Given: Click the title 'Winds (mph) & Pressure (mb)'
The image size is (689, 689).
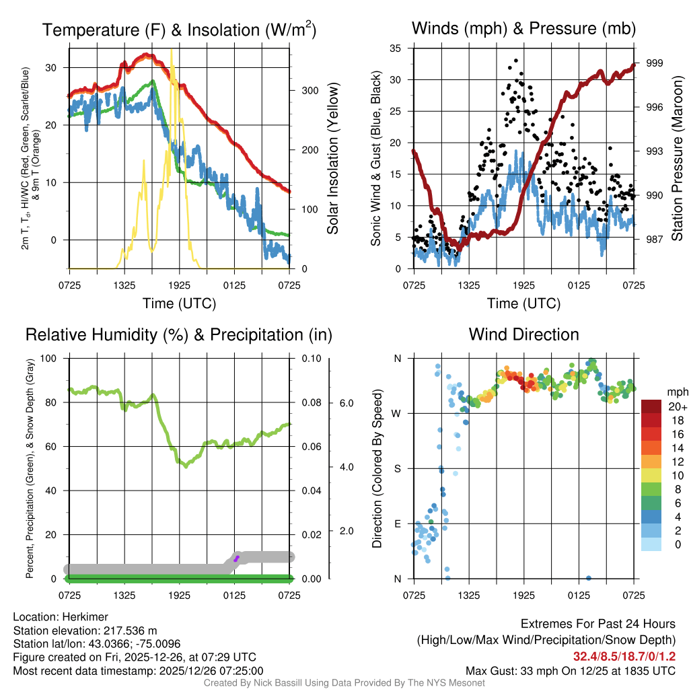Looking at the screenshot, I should (523, 29).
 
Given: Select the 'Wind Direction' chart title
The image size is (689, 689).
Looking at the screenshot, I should (523, 334).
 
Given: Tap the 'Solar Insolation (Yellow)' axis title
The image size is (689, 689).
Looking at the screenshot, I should (332, 158).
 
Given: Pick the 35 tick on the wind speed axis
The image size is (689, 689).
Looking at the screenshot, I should (396, 48).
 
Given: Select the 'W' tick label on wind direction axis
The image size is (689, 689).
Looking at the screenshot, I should (396, 413).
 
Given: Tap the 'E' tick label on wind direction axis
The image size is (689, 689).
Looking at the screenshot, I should (397, 523).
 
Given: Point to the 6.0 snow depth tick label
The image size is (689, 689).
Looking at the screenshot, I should (345, 402).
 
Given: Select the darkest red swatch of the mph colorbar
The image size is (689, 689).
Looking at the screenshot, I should (653, 406).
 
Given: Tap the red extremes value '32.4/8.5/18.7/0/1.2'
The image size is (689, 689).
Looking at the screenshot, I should (624, 657).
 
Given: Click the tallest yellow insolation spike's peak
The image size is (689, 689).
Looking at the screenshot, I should (172, 50).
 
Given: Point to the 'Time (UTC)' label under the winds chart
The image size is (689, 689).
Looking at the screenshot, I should (523, 303).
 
